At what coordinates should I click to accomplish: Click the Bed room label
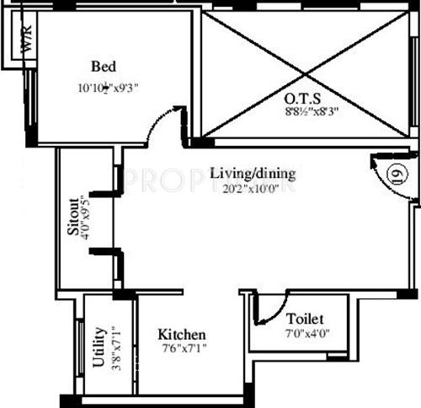[104, 67]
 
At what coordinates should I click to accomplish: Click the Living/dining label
[253, 174]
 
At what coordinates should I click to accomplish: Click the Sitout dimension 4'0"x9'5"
[84, 217]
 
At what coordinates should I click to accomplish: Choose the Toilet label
[304, 319]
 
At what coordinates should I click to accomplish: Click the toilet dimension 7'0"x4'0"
[304, 335]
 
